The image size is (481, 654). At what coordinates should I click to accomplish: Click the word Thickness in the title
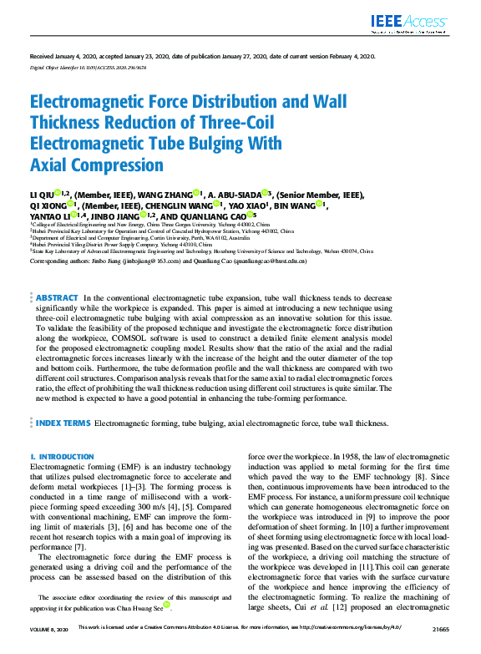click(x=70, y=124)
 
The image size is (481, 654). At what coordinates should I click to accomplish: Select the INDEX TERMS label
click(x=62, y=423)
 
